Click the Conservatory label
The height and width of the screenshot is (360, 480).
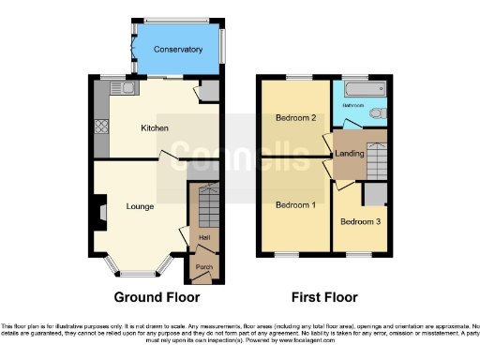tap(178, 50)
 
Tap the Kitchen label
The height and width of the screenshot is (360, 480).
tap(155, 128)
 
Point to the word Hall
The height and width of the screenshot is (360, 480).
tap(203, 237)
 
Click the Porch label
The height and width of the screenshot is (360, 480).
tap(203, 267)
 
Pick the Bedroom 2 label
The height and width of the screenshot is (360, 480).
tap(294, 118)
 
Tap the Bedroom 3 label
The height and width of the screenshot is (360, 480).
tap(357, 222)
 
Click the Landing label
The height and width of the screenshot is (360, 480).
tap(349, 154)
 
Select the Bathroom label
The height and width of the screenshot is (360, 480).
tap(352, 106)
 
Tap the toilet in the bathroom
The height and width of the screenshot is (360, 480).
tap(377, 113)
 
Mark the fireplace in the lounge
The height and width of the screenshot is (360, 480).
tap(99, 206)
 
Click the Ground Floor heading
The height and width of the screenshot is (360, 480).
tap(157, 298)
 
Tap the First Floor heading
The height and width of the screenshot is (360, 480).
tap(325, 298)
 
